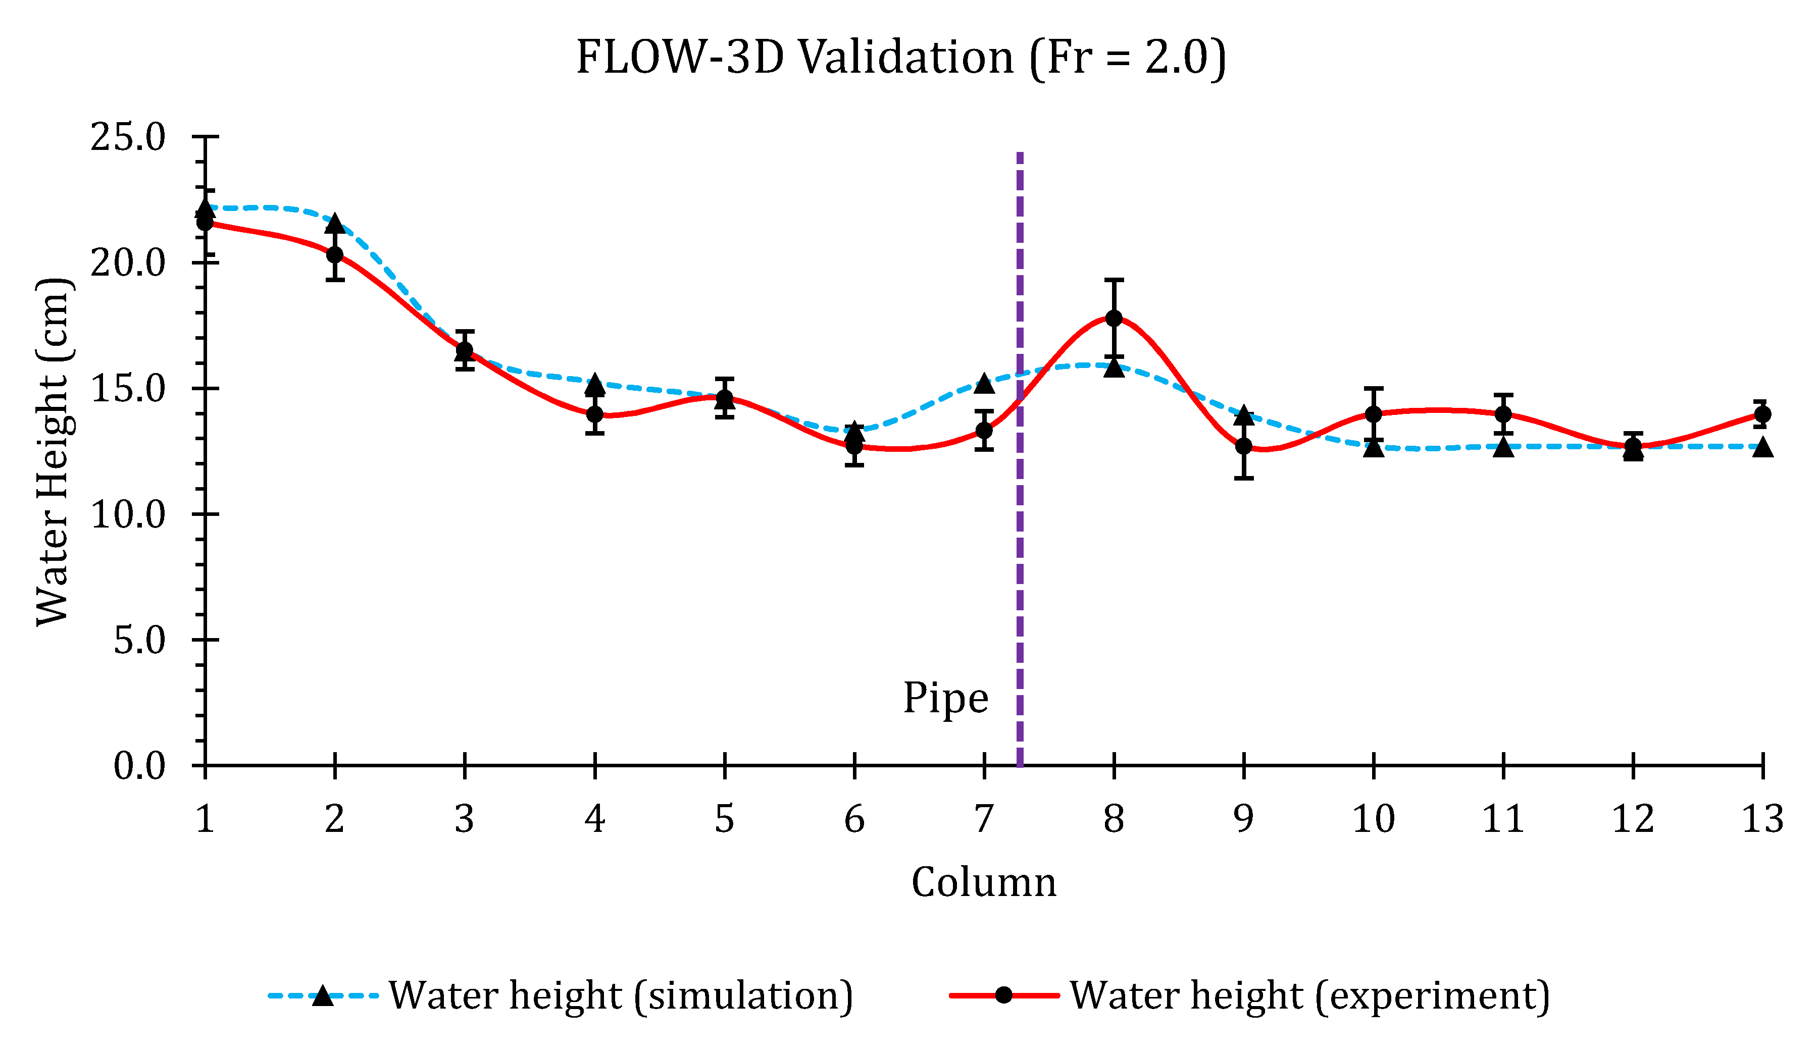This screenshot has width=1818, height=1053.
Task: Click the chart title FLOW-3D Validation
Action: coord(900,58)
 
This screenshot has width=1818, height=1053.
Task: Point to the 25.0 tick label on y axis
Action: coord(128,136)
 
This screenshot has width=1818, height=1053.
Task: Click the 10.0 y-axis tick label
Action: coord(128,514)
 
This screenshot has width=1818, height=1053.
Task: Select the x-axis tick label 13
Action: coord(1762,819)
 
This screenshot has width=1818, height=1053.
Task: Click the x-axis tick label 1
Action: coord(205,819)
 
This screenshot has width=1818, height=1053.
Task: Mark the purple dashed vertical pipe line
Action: coord(1020,577)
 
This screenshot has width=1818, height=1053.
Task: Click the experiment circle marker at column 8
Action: coord(1114,318)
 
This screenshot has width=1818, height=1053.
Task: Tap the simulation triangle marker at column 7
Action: coord(984,384)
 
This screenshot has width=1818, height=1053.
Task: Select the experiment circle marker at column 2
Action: coord(335,254)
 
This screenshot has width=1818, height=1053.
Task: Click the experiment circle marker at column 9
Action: coord(1244,446)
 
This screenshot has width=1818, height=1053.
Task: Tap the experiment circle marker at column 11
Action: coord(1503,414)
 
